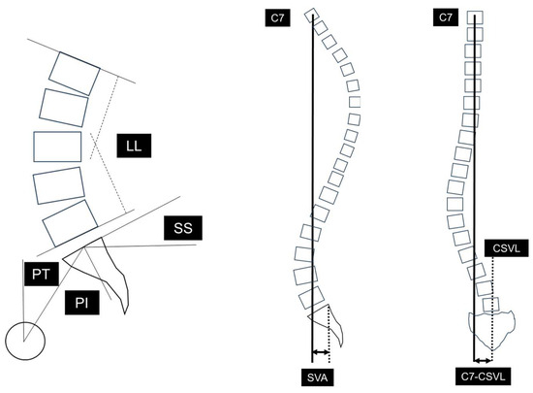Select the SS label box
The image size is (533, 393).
pos(181,230)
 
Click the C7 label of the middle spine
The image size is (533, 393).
pos(279,16)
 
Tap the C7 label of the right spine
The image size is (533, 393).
pos(446,16)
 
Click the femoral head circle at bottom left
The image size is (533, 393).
pos(25,341)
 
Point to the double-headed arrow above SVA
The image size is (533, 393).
pos(320,353)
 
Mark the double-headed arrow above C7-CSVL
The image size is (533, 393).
pos(483,357)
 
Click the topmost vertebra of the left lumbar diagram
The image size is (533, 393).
pos(75,72)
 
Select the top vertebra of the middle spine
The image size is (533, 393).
pos(311,16)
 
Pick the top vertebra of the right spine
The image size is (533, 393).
pos(475,17)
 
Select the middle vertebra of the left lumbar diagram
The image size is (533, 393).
pos(57,147)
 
